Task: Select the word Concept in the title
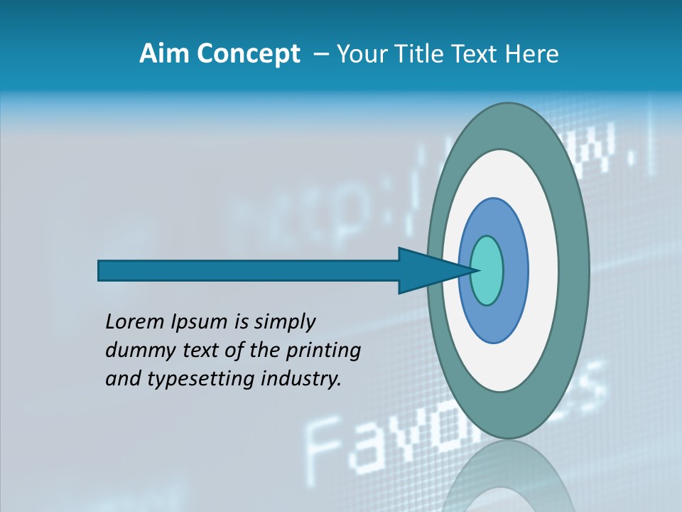pos(249,54)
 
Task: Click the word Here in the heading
pos(532,54)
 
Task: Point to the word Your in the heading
pos(362,54)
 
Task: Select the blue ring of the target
pos(514,271)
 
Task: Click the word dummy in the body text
pos(136,351)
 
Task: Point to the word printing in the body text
pos(323,351)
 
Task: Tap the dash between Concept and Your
pos(321,55)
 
